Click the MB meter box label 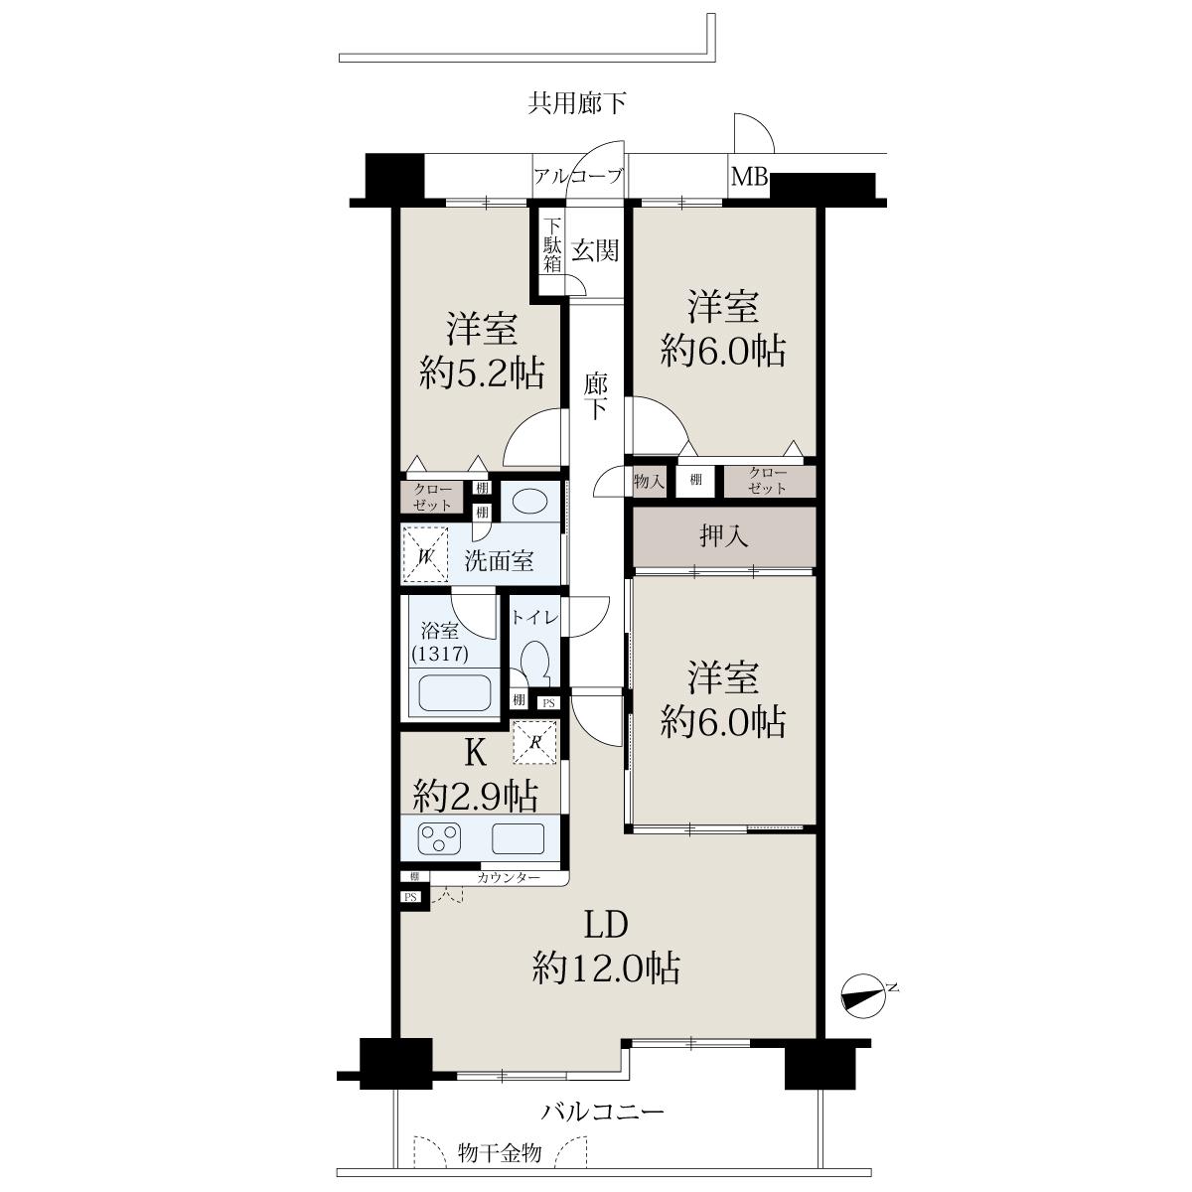point(749,178)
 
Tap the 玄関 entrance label point(594,250)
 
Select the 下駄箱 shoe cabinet point(552,245)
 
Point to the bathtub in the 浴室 point(454,692)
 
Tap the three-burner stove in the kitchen point(439,838)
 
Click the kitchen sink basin point(519,838)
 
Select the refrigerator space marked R point(535,741)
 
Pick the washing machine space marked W point(425,554)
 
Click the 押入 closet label point(723,535)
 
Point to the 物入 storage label point(649,480)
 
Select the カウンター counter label point(510,877)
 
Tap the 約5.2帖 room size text point(482,373)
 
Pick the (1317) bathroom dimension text point(440,654)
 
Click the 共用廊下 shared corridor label point(576,102)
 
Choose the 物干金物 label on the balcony point(500,1152)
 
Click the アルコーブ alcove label point(578,177)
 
